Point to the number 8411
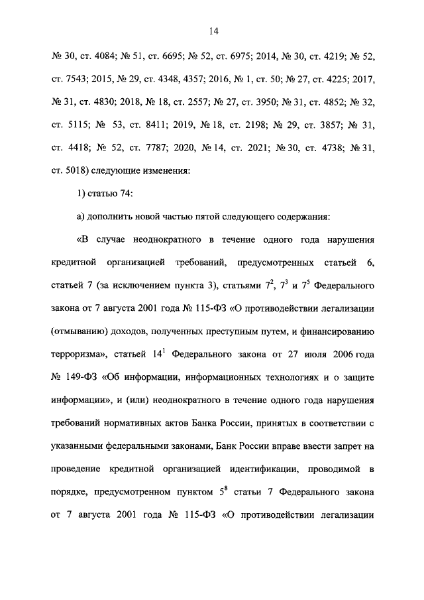(154, 123)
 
